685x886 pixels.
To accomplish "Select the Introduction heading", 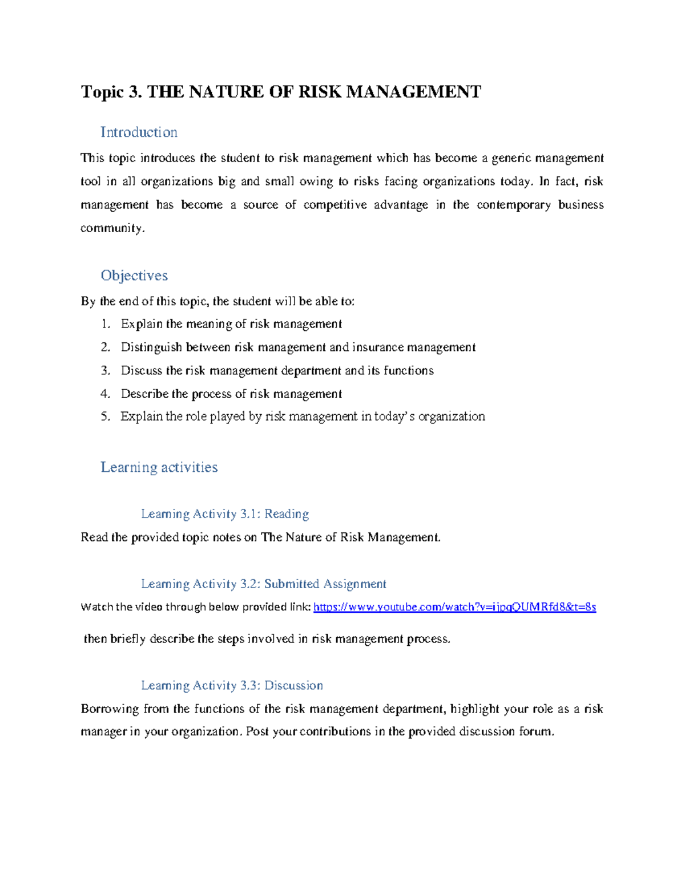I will (x=139, y=132).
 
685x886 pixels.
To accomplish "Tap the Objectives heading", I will (x=134, y=276).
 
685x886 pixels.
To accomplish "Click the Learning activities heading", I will (x=159, y=467).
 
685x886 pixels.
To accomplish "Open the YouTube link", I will (x=455, y=607).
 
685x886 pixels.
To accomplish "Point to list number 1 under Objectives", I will (x=105, y=324).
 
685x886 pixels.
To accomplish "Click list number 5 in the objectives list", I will (x=105, y=416).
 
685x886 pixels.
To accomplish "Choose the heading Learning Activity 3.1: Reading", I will (x=225, y=514).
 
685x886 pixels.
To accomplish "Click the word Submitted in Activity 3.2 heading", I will (x=291, y=584).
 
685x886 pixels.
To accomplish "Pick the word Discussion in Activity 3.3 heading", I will (x=293, y=686).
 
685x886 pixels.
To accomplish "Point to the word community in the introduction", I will (x=112, y=228).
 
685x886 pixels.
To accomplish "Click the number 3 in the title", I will (x=134, y=92).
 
